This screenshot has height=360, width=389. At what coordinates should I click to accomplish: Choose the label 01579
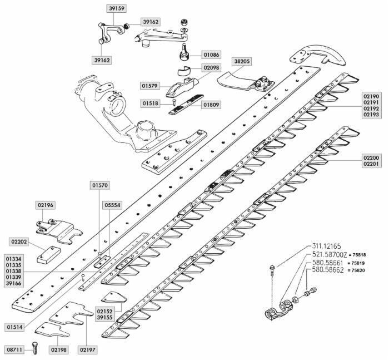[x=151, y=86]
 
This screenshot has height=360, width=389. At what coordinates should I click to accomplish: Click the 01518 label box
[x=151, y=103]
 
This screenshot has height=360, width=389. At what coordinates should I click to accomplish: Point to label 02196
[x=46, y=205]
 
